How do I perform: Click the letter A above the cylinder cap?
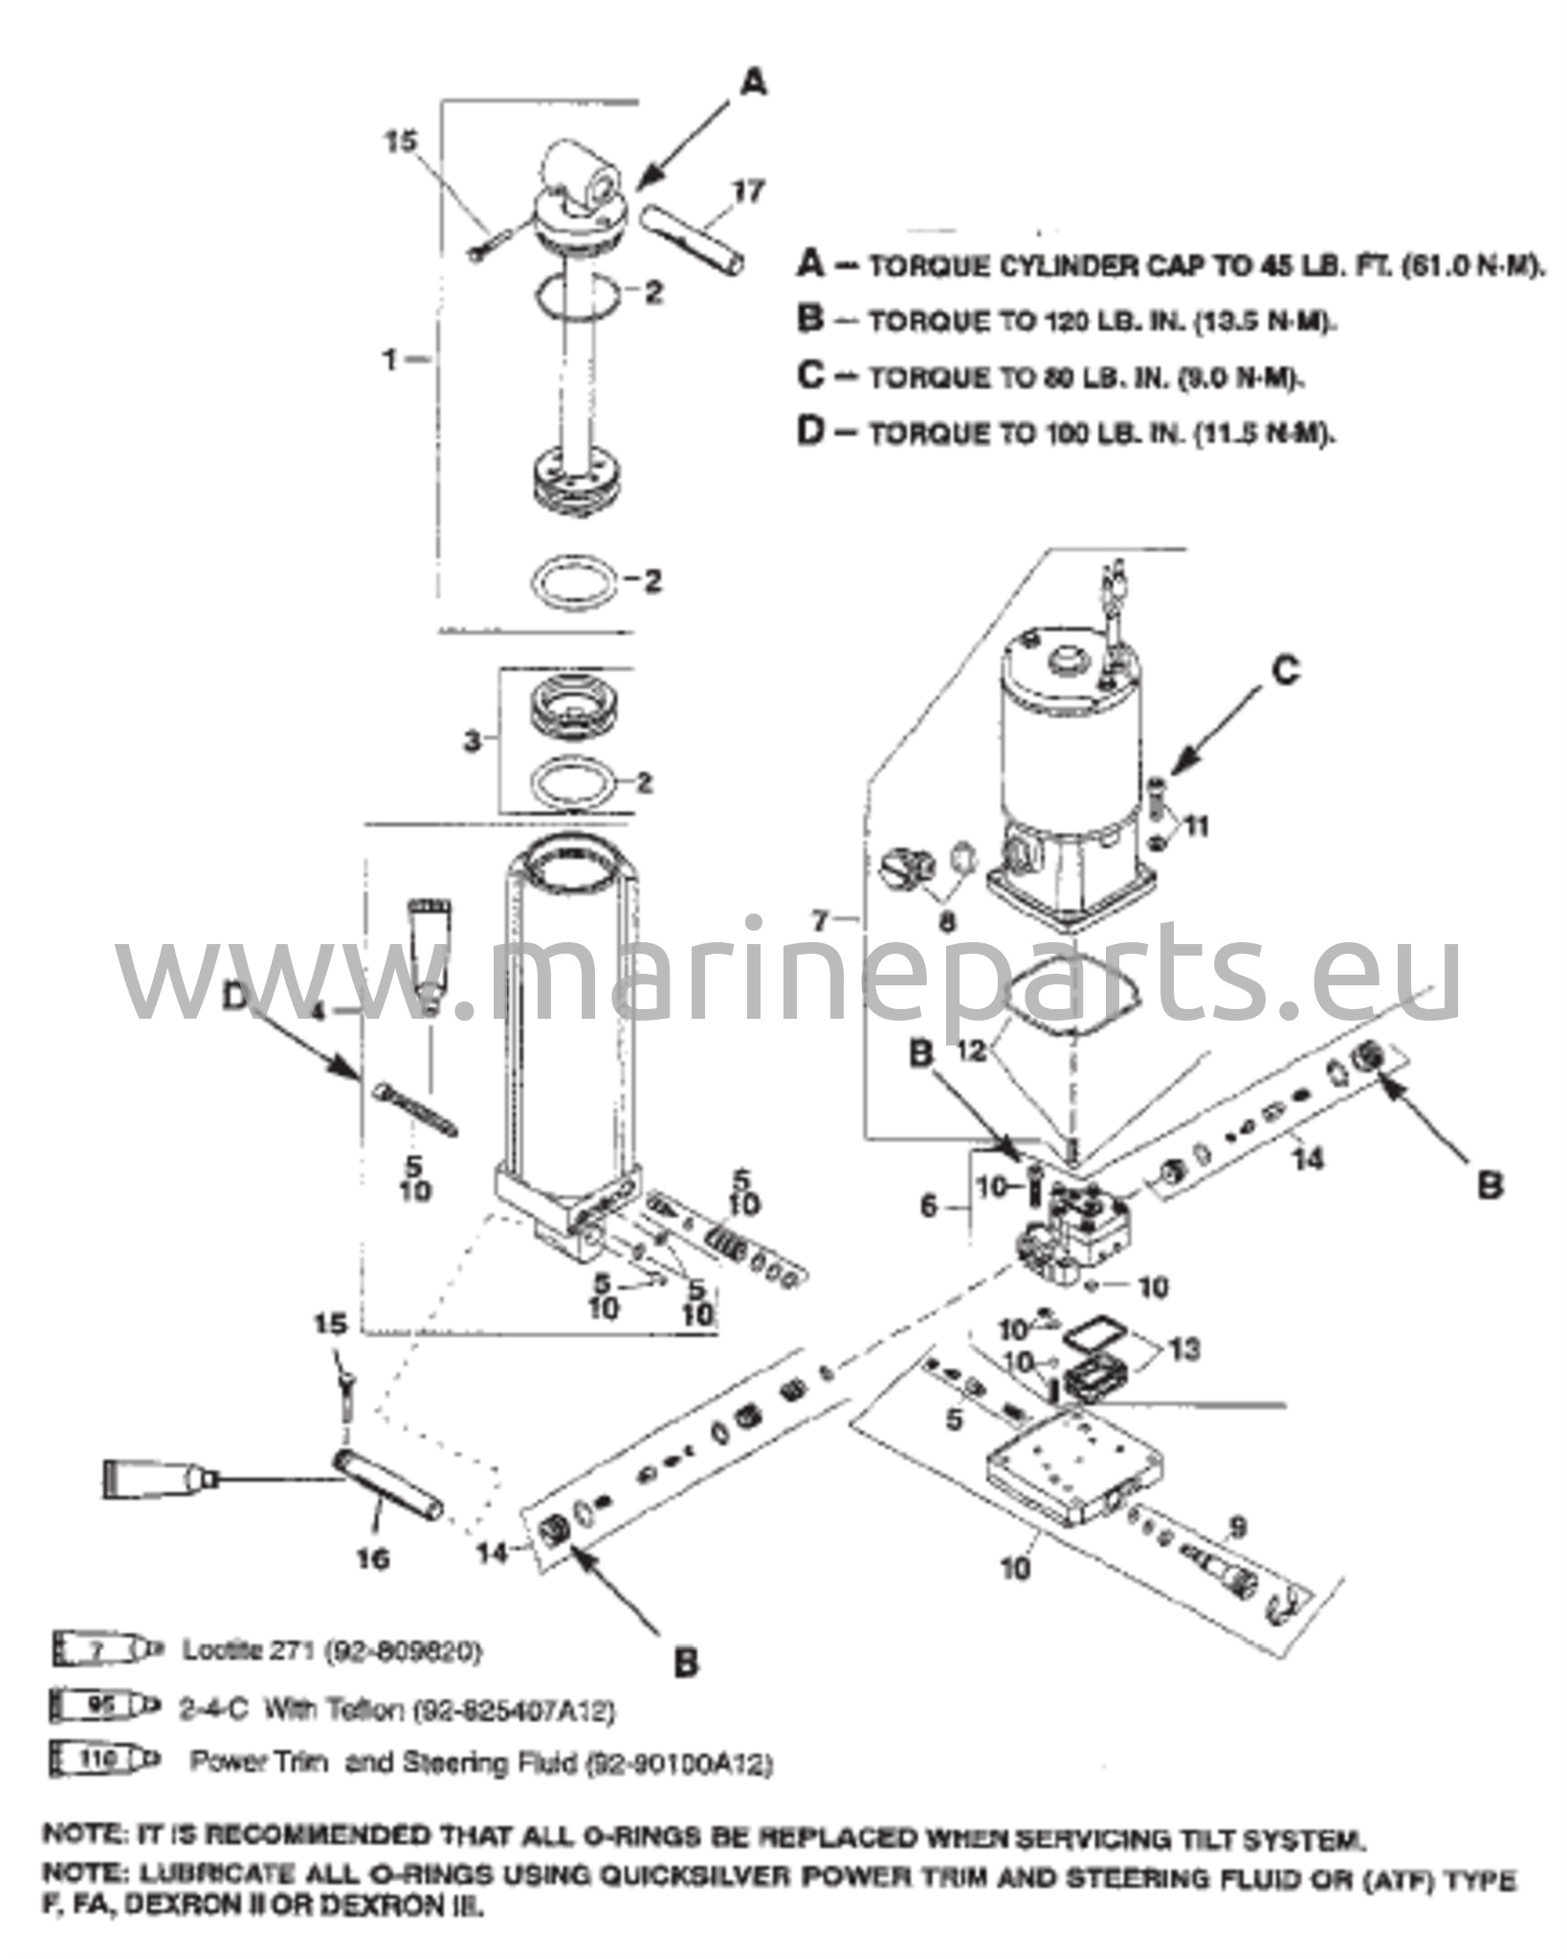[754, 85]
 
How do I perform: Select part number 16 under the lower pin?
[375, 1558]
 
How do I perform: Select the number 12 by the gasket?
[971, 1051]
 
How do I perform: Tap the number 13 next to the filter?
[1183, 1350]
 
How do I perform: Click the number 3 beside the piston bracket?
[473, 741]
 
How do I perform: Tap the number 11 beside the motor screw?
[1195, 825]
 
